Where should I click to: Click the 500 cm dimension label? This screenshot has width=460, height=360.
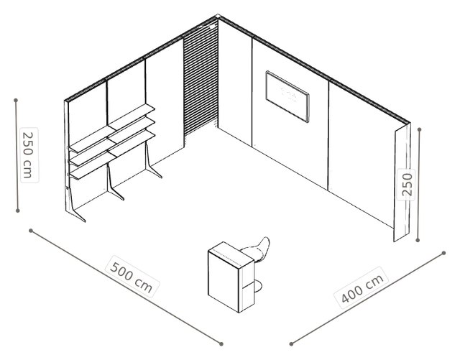(x=132, y=277)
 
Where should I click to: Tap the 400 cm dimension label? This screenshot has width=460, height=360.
(x=362, y=288)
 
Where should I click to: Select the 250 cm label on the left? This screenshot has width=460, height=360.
(x=29, y=155)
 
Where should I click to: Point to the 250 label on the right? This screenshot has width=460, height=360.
(x=406, y=185)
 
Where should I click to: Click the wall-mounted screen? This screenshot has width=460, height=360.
(x=287, y=96)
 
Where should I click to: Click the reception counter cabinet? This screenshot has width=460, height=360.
(x=231, y=277)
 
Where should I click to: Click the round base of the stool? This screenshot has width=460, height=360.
(x=257, y=286)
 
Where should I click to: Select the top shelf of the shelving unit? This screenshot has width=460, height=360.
(x=112, y=128)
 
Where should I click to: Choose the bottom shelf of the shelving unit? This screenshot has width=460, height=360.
(x=112, y=154)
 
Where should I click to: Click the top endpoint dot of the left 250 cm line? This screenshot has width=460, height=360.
(x=16, y=101)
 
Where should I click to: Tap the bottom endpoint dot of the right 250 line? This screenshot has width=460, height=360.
(x=418, y=240)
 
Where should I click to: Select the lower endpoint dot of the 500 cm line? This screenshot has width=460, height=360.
(x=221, y=344)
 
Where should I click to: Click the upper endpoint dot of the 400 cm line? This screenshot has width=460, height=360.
(x=444, y=253)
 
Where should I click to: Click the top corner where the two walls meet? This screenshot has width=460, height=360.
(x=217, y=16)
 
